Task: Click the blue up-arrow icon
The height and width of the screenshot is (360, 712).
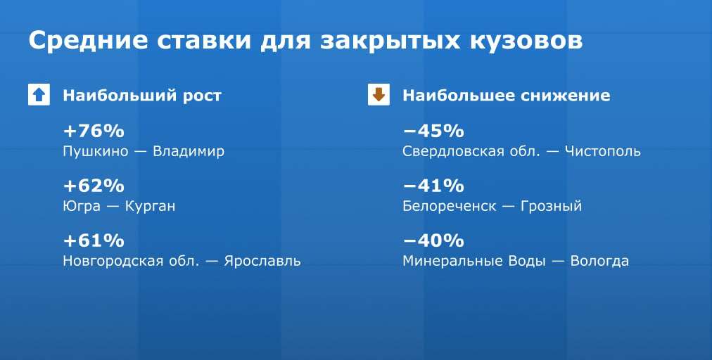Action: tap(39, 95)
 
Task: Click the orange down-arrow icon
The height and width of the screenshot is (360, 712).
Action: tap(379, 95)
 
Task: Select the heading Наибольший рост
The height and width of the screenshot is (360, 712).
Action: tap(142, 96)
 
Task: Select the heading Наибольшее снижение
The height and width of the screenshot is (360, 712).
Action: tap(507, 96)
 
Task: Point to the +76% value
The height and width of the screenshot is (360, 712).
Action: tap(94, 131)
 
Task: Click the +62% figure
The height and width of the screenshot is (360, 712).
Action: tap(94, 186)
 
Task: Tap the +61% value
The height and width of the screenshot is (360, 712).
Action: tap(94, 240)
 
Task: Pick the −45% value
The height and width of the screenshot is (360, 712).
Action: tap(433, 131)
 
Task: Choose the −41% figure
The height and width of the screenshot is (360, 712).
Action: tap(433, 186)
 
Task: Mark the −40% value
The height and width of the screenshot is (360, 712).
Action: tap(433, 240)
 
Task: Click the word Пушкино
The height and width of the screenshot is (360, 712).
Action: tap(96, 152)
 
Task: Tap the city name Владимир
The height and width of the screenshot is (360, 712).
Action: tap(189, 152)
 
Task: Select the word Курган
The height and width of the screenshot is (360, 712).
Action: tap(150, 207)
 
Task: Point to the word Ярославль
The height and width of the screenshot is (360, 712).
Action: tap(262, 261)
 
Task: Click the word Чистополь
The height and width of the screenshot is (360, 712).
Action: tap(602, 151)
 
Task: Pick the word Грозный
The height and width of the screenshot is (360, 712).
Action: tap(551, 207)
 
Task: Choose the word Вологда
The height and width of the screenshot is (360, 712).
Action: tap(599, 262)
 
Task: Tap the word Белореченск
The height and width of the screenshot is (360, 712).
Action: tap(450, 207)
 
